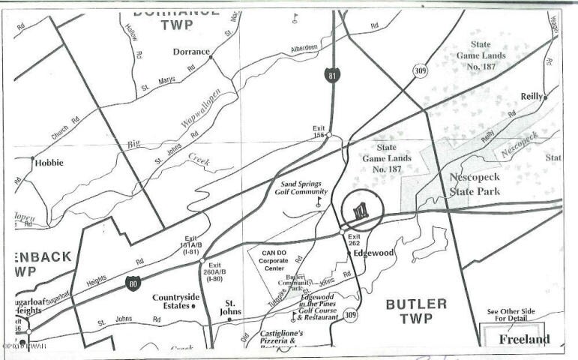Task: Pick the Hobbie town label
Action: coord(48,162)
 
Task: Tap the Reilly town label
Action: coord(533,96)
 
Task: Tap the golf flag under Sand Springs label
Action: coord(319,202)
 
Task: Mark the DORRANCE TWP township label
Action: coord(177,18)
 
